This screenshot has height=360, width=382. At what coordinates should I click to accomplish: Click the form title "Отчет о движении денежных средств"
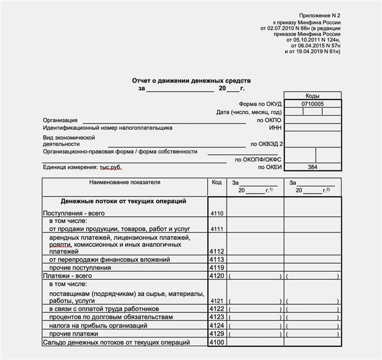(x=191, y=81)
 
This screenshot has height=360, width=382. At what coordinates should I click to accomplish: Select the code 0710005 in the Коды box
(x=312, y=104)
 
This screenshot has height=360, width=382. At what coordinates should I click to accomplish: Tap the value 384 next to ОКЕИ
(x=312, y=167)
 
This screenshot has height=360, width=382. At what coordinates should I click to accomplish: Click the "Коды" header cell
(x=312, y=96)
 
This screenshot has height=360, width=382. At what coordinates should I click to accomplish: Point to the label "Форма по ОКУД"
(x=263, y=104)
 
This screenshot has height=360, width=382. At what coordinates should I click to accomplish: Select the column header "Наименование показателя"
(x=124, y=182)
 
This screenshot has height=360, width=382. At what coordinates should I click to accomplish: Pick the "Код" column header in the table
(x=216, y=182)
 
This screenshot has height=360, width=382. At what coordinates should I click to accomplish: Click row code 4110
(x=216, y=213)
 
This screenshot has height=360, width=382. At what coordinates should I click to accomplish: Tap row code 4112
(x=216, y=252)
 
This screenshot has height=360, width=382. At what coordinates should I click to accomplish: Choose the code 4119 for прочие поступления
(x=216, y=268)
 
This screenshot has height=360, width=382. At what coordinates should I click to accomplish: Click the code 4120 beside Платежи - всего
(x=216, y=276)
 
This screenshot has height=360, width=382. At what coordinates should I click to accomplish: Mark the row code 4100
(x=216, y=343)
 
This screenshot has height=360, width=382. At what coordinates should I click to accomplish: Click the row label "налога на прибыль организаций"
(x=98, y=325)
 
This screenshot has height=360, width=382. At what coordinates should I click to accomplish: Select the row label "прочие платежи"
(x=75, y=333)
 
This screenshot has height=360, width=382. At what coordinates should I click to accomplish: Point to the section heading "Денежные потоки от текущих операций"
(x=123, y=201)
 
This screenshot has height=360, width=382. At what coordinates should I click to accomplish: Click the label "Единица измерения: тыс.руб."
(x=83, y=167)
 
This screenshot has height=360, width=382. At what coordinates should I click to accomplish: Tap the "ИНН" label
(x=275, y=128)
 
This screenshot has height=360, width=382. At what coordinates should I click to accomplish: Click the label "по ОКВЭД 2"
(x=266, y=144)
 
